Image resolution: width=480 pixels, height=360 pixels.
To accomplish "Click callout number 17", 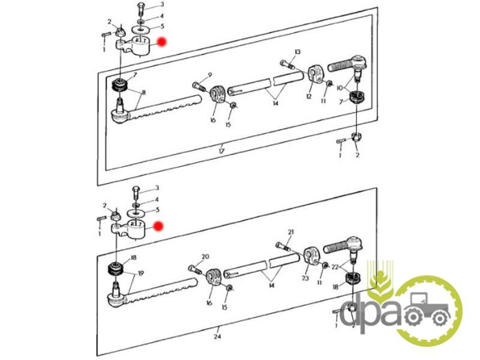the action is pyautogui.click(x=221, y=151).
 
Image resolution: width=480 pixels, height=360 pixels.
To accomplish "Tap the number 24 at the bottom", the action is pyautogui.click(x=217, y=337).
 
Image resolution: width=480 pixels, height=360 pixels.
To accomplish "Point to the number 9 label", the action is pyautogui.click(x=209, y=74).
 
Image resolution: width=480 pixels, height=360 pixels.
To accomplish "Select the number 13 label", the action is pyautogui.click(x=298, y=52).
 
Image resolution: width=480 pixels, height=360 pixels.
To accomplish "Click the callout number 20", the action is pyautogui.click(x=205, y=257).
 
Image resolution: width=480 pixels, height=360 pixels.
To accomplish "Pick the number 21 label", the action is pyautogui.click(x=290, y=232).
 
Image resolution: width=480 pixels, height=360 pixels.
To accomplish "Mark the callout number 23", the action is pyautogui.click(x=305, y=278).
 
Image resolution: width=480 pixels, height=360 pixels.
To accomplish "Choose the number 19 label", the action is pyautogui.click(x=140, y=273).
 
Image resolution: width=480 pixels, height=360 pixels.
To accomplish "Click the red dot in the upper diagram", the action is pyautogui.click(x=161, y=42).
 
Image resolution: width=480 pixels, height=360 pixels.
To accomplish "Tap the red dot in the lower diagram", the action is pyautogui.click(x=158, y=226).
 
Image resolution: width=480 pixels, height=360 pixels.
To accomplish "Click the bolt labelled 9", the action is pyautogui.click(x=199, y=86).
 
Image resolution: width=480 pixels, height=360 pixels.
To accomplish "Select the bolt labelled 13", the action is pyautogui.click(x=287, y=65).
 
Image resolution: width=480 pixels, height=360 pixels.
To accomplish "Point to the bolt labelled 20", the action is pyautogui.click(x=194, y=270).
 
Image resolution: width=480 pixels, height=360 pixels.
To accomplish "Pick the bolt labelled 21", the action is pyautogui.click(x=283, y=246).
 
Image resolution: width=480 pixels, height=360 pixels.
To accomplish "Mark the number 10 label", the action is pyautogui.click(x=340, y=88).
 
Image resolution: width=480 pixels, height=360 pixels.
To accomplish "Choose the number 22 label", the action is pyautogui.click(x=335, y=267).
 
